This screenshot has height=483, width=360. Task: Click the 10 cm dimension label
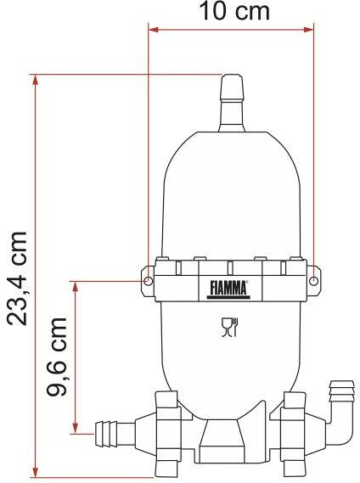pyautogui.click(x=234, y=11)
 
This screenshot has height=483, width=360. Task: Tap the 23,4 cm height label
pyautogui.click(x=17, y=278)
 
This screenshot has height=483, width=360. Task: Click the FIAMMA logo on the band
pyautogui.click(x=228, y=289)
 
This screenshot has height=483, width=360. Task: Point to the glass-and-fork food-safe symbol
pyautogui.click(x=230, y=327)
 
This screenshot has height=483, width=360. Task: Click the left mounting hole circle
pyautogui.click(x=149, y=281)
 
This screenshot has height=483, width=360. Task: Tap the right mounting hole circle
pyautogui.click(x=314, y=281)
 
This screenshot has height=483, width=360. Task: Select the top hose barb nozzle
pyautogui.click(x=232, y=103)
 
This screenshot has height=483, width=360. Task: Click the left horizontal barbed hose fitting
pyautogui.click(x=115, y=435)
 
